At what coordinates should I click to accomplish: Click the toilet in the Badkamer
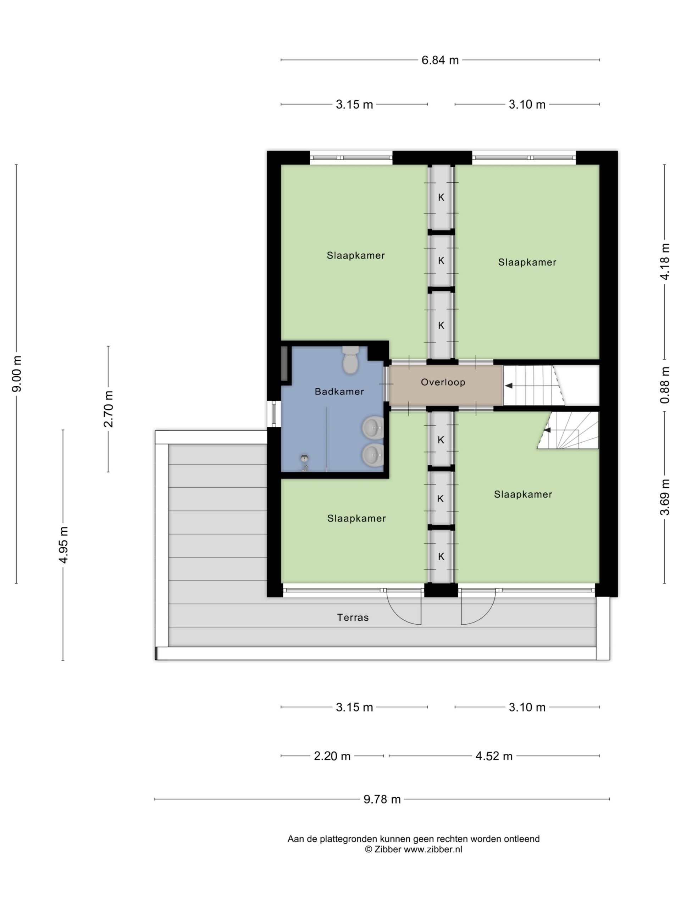[x=350, y=360]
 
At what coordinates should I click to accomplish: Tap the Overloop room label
[x=443, y=382]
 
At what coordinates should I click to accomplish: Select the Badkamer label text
[x=339, y=392]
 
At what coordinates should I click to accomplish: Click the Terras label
[x=353, y=618]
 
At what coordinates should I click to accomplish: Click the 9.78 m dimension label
[x=382, y=799]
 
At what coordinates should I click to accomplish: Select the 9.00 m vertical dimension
[x=17, y=373]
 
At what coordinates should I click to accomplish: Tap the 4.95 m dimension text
[x=63, y=545]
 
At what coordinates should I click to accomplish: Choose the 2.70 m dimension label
[x=109, y=409]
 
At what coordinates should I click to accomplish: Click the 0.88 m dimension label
[x=665, y=385]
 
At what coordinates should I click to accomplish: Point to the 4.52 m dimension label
[x=494, y=756]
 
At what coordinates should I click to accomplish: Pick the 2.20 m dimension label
[x=332, y=756]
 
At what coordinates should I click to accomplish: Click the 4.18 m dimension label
[x=665, y=261]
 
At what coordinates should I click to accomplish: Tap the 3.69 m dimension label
[x=665, y=497]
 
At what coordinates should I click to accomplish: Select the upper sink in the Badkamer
[x=373, y=427]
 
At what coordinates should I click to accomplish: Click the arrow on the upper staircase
[x=508, y=386]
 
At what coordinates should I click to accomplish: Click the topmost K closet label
[x=441, y=198]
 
